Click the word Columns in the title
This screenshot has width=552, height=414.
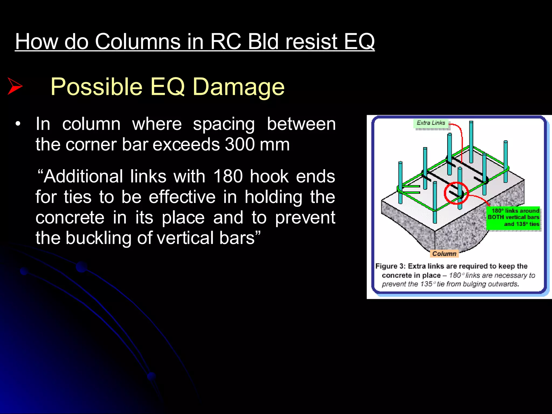coord(138,42)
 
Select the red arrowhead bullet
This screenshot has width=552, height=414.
coord(15,86)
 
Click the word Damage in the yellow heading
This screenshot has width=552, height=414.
coord(239,87)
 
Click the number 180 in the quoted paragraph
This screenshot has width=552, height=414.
coord(228,177)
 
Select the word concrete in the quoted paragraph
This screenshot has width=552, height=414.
coord(70,218)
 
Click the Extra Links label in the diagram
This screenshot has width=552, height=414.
coord(431,123)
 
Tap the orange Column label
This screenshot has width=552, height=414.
coord(444,254)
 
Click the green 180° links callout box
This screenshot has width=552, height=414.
coord(513,217)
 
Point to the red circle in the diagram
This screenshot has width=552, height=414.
coord(456,193)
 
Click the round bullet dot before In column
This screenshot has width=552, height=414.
coord(18,124)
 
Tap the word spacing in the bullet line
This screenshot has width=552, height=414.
coord(224,124)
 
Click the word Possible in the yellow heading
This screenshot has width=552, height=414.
coord(96,87)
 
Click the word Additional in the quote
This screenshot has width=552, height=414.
coord(84,177)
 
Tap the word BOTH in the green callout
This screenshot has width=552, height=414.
coord(496,217)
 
